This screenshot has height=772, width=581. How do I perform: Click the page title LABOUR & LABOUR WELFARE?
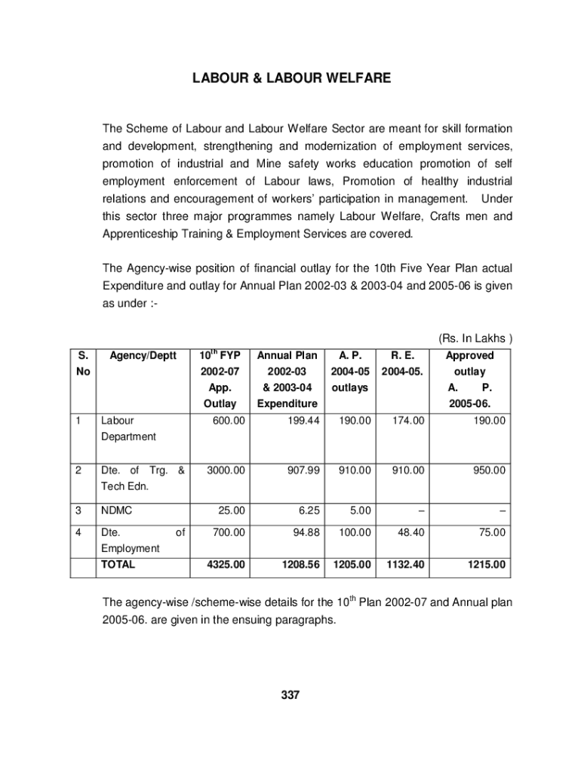pyautogui.click(x=290, y=78)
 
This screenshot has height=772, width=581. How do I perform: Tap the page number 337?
pyautogui.click(x=290, y=695)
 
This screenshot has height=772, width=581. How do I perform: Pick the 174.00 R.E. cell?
pyautogui.click(x=408, y=421)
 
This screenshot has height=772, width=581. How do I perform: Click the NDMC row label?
pyautogui.click(x=117, y=510)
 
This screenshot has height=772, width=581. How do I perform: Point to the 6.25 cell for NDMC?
pyautogui.click(x=309, y=510)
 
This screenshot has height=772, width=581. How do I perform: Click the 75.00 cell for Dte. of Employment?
pyautogui.click(x=491, y=532)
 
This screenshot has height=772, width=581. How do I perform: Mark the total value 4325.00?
pyautogui.click(x=226, y=564)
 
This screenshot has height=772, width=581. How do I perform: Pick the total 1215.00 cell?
pyautogui.click(x=486, y=564)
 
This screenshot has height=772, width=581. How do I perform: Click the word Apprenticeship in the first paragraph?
pyautogui.click(x=141, y=234)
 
